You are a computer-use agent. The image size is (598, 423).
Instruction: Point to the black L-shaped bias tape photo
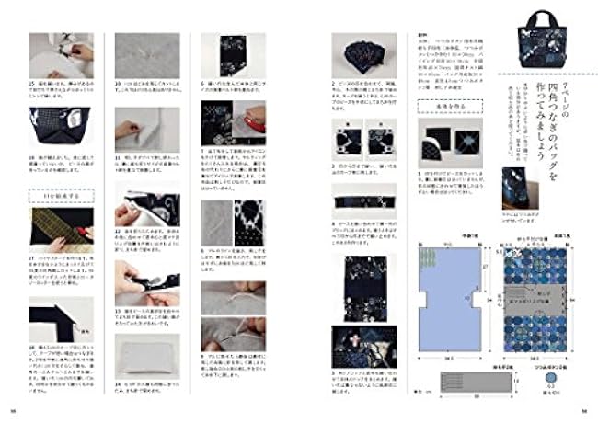point(55,318)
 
